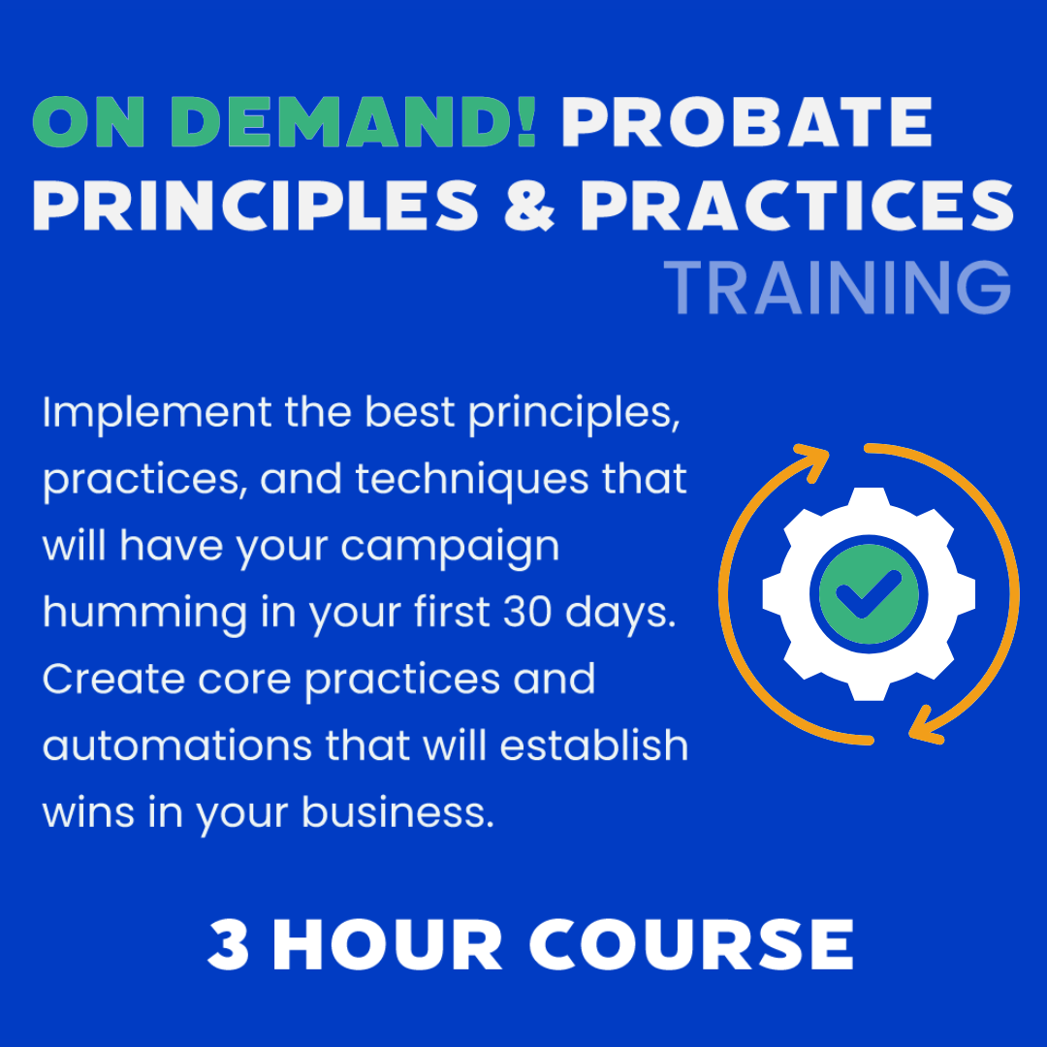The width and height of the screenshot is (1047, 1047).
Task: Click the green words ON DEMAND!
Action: click(x=284, y=121)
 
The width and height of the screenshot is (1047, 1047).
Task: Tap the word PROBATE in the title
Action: click(x=746, y=121)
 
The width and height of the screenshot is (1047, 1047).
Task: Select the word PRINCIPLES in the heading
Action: click(x=256, y=205)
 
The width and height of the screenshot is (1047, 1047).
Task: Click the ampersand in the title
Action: click(x=529, y=205)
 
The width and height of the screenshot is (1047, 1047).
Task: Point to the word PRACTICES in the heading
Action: click(x=797, y=205)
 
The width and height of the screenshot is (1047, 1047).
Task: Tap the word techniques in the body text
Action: click(x=472, y=480)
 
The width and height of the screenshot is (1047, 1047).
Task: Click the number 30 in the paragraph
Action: click(x=527, y=612)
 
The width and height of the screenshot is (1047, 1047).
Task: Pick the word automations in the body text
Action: click(x=177, y=746)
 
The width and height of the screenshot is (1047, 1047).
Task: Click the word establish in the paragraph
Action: click(x=594, y=745)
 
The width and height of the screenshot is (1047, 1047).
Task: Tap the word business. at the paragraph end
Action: click(x=398, y=811)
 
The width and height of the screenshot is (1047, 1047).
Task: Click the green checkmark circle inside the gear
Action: click(x=869, y=594)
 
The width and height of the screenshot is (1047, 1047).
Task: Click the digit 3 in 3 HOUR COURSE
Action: click(x=229, y=944)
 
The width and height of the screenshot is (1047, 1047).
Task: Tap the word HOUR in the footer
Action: click(x=387, y=944)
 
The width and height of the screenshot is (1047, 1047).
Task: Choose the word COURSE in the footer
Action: click(x=692, y=944)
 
